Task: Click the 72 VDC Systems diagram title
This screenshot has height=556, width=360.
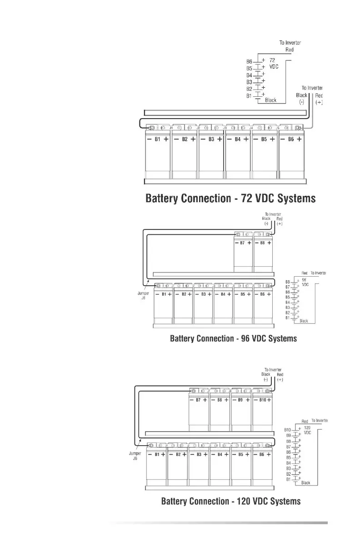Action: coord(230,199)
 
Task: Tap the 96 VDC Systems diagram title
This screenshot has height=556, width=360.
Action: coord(233,338)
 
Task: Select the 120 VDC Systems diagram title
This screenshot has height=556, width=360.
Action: coord(231,501)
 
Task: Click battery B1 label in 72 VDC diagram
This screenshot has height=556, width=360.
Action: coord(157,139)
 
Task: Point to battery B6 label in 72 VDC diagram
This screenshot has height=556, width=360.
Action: coord(291,139)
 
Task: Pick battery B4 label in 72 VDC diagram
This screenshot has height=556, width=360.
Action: coord(237,139)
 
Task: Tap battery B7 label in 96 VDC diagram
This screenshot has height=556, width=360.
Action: coord(243,243)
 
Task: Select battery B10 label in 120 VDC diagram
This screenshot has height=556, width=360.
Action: coord(263,400)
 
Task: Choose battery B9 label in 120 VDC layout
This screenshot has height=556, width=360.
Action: coord(241,400)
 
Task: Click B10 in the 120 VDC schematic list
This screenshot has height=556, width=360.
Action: coord(287,430)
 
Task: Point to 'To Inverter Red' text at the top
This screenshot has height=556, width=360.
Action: coord(290,46)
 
